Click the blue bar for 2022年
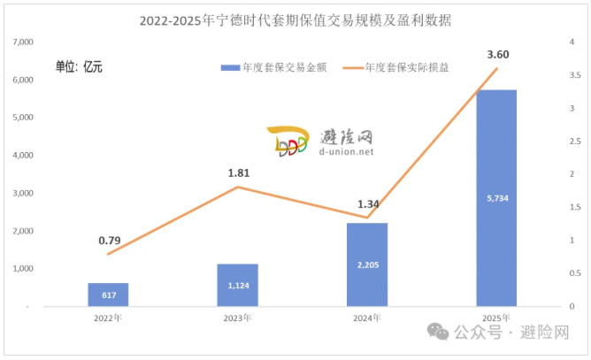[x=108, y=295]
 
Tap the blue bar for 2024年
[x=367, y=264]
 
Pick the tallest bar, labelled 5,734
[x=496, y=198]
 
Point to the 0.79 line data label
[x=110, y=239]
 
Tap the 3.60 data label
[x=497, y=55]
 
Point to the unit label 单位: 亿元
[x=80, y=67]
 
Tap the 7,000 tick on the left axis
[x=23, y=42]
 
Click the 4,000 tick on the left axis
[x=23, y=155]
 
